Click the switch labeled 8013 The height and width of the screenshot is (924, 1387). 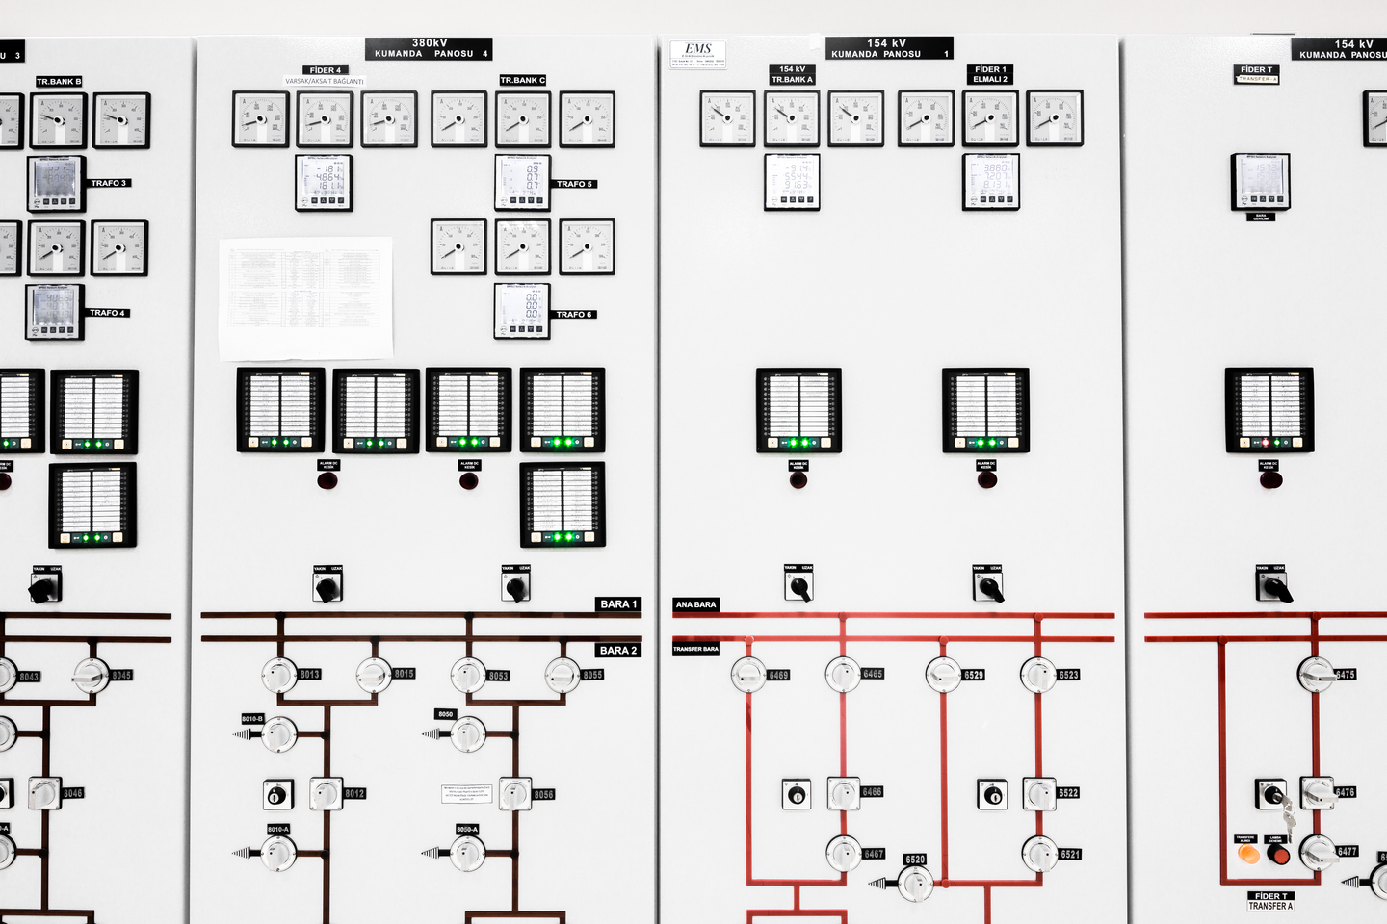[278, 675]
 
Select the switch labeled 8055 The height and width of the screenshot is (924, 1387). [563, 676]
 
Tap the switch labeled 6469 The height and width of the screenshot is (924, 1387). [748, 675]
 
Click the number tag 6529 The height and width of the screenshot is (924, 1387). [974, 675]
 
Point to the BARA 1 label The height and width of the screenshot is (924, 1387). [617, 604]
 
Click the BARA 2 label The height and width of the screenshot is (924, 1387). [617, 651]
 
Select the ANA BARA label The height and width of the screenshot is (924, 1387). [695, 604]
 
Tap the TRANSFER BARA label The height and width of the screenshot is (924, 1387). [695, 649]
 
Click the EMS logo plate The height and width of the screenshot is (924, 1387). [697, 54]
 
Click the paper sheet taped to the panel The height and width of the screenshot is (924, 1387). [306, 297]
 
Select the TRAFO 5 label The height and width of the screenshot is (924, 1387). [574, 184]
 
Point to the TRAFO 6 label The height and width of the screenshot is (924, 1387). [574, 315]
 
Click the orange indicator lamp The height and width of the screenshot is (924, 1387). [1247, 854]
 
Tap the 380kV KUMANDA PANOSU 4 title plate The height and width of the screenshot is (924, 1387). [430, 49]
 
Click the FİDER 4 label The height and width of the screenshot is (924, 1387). [325, 70]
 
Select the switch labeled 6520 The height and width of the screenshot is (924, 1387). [914, 882]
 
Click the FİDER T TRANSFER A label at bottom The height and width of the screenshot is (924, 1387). [1270, 901]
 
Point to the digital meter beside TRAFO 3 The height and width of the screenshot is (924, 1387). [56, 183]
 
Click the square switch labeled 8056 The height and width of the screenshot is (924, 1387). [514, 794]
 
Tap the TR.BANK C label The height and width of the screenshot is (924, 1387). [523, 80]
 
